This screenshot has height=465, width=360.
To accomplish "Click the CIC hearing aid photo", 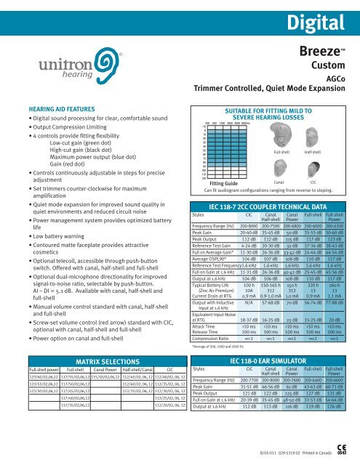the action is coord(312,167).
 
